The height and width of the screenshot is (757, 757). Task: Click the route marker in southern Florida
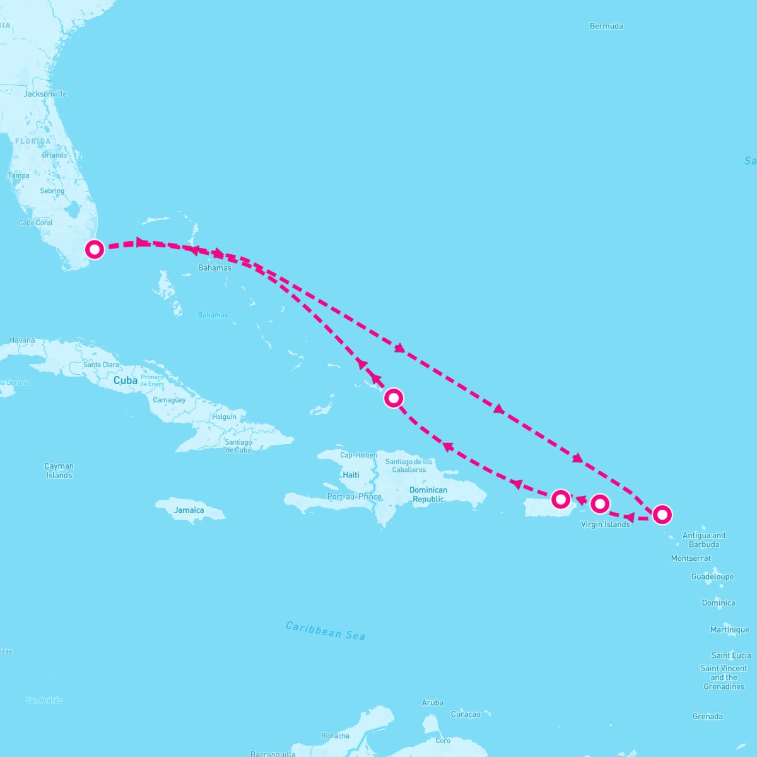94,249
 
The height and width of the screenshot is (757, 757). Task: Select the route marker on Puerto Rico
560,499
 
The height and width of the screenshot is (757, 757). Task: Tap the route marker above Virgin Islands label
600,503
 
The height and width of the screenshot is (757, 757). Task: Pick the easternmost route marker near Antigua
661,515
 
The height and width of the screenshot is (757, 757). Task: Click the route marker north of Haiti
394,398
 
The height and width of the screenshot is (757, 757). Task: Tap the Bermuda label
606,26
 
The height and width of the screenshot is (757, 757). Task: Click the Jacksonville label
45,94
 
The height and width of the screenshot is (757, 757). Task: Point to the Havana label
22,340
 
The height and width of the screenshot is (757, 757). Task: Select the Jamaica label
189,510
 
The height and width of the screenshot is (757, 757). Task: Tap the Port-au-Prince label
355,496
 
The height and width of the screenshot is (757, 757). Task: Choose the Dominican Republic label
428,495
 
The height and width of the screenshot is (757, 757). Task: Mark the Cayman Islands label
59,471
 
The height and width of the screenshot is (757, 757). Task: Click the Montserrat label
691,558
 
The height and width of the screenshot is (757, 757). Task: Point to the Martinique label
730,630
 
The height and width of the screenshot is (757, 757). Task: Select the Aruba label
433,703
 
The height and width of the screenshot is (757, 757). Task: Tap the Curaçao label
466,714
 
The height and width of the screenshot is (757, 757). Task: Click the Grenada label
708,717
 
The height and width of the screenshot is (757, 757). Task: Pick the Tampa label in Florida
19,175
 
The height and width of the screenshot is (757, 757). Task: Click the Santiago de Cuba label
238,446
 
